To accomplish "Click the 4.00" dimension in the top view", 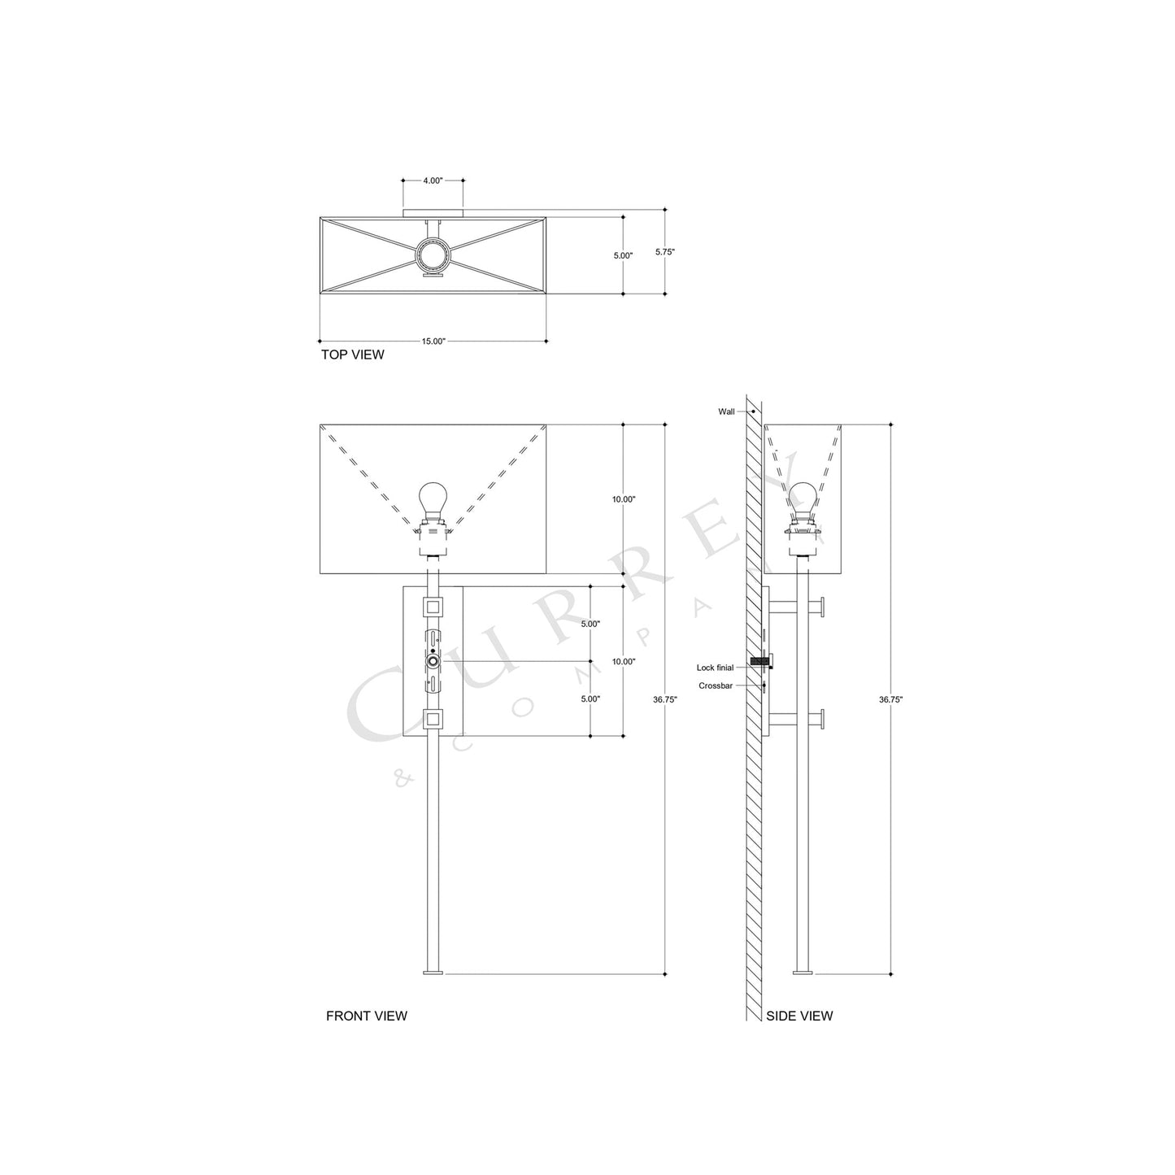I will click(x=433, y=181).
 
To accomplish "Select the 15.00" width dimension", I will click(x=433, y=342).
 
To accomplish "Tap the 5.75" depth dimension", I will click(x=665, y=252).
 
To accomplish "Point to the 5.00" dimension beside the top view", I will click(x=623, y=255).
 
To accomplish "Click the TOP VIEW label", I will click(x=352, y=355).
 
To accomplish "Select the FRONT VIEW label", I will click(x=366, y=1016).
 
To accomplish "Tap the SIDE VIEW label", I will click(x=799, y=1016).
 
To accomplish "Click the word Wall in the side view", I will click(x=726, y=412).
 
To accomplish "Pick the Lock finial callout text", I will click(x=715, y=668).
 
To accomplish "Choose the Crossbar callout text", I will click(x=716, y=686).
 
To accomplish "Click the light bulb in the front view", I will click(x=433, y=498).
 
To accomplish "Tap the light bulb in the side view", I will click(x=803, y=497).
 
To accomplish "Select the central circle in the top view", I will click(x=433, y=255).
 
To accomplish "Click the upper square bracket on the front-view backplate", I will click(x=433, y=606).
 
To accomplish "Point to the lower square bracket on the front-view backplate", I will click(x=433, y=719).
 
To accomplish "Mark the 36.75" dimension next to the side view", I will click(x=890, y=699).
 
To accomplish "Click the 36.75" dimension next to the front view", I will click(x=665, y=699).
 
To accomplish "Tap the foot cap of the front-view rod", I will click(x=433, y=972).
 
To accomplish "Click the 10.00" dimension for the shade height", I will click(x=624, y=499).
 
